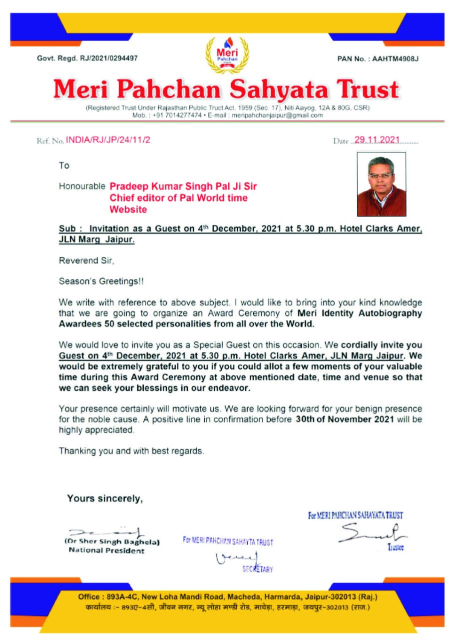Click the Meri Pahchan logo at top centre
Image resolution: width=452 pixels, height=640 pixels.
[227, 55]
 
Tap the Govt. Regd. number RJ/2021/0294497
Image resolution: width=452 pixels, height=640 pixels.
[109, 58]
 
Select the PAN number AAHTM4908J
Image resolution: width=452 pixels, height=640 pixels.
[394, 59]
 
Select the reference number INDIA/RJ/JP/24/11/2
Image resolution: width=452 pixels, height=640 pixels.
[108, 140]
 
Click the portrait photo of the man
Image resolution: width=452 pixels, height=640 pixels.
[381, 184]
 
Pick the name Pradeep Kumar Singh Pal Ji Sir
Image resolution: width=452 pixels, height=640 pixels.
[183, 186]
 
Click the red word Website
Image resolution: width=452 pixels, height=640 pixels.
[128, 210]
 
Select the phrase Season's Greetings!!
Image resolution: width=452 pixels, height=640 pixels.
[101, 281]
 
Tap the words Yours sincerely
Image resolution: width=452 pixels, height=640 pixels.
[105, 498]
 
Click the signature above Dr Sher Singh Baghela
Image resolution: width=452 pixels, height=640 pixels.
[107, 532]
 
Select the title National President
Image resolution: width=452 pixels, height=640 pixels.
[106, 550]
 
